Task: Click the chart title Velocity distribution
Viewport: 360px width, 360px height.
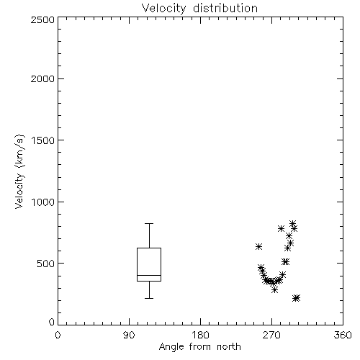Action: pyautogui.click(x=199, y=9)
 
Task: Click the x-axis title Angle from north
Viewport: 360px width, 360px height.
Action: pyautogui.click(x=199, y=347)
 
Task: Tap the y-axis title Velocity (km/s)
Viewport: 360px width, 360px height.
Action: pyautogui.click(x=19, y=171)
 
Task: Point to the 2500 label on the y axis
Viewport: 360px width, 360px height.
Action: pyautogui.click(x=42, y=19)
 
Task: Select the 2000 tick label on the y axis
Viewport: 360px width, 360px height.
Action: pyautogui.click(x=42, y=78)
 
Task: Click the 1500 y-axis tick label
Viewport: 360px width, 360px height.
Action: pyautogui.click(x=43, y=140)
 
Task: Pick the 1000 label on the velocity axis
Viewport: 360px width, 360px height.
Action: pyautogui.click(x=43, y=202)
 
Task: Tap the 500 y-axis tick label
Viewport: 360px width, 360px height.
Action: pyautogui.click(x=45, y=264)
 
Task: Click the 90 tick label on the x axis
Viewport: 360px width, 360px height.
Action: pyautogui.click(x=129, y=335)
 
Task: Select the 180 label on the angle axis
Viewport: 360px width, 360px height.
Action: pyautogui.click(x=200, y=335)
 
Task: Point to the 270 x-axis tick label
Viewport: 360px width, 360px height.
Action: pyautogui.click(x=271, y=335)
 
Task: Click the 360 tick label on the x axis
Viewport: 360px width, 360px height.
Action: pyautogui.click(x=343, y=335)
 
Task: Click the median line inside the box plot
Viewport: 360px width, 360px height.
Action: pyautogui.click(x=149, y=275)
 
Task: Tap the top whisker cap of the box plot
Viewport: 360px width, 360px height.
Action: pyautogui.click(x=149, y=224)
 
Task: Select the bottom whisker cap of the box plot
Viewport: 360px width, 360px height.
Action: pyautogui.click(x=149, y=298)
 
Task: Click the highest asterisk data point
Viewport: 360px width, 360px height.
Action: pyautogui.click(x=292, y=223)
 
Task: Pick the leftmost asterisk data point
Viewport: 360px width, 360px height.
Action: pyautogui.click(x=258, y=246)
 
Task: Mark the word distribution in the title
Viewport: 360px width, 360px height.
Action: pyautogui.click(x=225, y=9)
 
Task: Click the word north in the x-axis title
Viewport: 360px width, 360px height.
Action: pyautogui.click(x=229, y=347)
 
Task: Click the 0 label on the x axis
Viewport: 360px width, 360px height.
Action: pyautogui.click(x=58, y=335)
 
